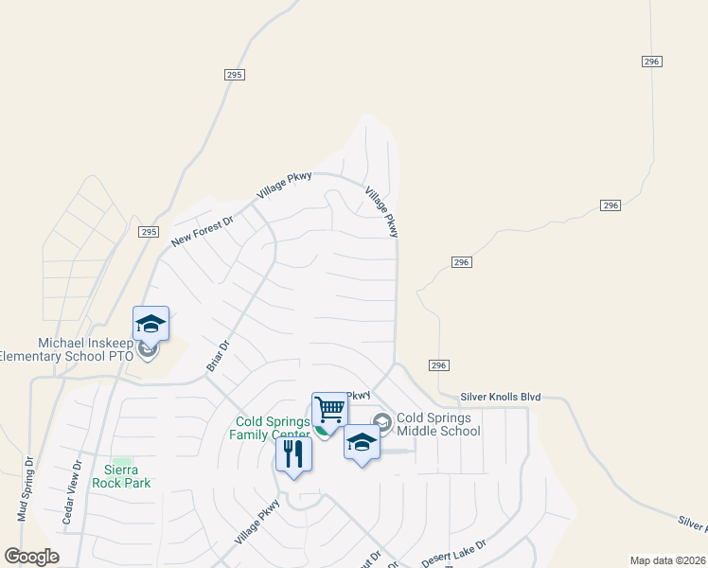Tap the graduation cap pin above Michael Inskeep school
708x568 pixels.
pos(150,325)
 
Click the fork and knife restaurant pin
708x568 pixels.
pos(293,454)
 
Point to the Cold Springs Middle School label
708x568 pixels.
pos(438,424)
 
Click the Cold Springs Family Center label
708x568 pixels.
pos(270,428)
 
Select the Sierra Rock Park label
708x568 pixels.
pos(120,476)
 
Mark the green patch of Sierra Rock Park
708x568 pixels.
pos(120,460)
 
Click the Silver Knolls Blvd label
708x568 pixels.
pos(501,397)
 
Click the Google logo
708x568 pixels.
pos(31,557)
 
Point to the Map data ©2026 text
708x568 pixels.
pos(667,560)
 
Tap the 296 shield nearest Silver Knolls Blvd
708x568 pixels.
pos(437,365)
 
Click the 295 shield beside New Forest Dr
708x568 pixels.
pos(148,232)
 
